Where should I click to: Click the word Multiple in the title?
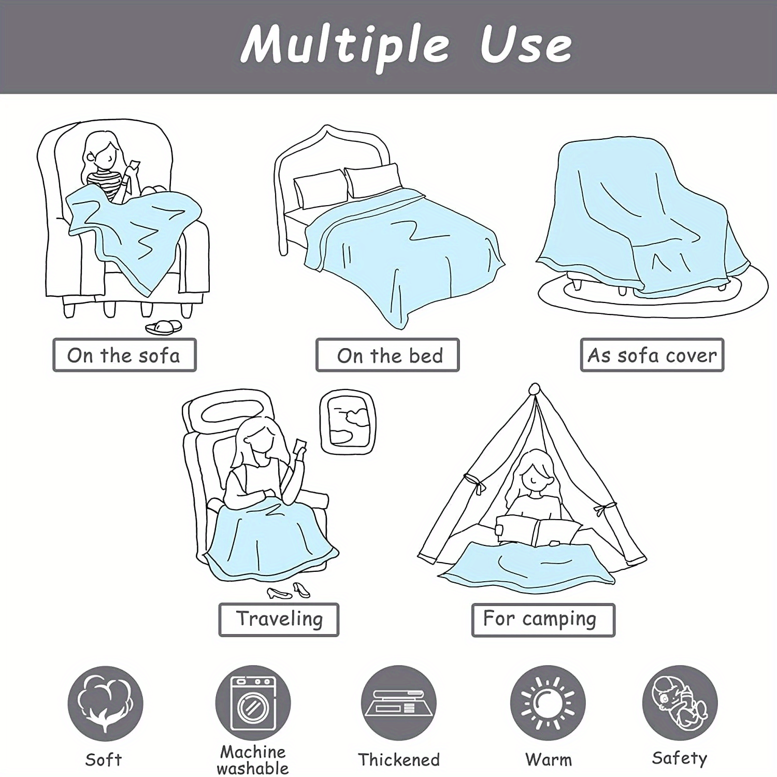[344, 46]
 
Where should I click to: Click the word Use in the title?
[525, 46]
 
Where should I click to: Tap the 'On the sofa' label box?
[124, 355]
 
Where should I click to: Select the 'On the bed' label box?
[387, 355]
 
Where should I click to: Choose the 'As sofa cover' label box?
[652, 355]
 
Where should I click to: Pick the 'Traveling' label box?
[279, 620]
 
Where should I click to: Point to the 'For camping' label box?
[543, 620]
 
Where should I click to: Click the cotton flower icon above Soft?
[105, 703]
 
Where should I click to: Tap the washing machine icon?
[253, 703]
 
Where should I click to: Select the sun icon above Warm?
[548, 703]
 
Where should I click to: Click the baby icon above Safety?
[680, 702]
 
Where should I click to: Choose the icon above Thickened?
[398, 703]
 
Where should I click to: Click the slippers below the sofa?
[164, 327]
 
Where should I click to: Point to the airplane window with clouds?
[348, 422]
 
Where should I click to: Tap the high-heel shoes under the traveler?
[289, 591]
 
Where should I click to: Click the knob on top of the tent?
[534, 388]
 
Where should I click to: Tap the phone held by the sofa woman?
[135, 165]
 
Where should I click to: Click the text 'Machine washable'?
[253, 760]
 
